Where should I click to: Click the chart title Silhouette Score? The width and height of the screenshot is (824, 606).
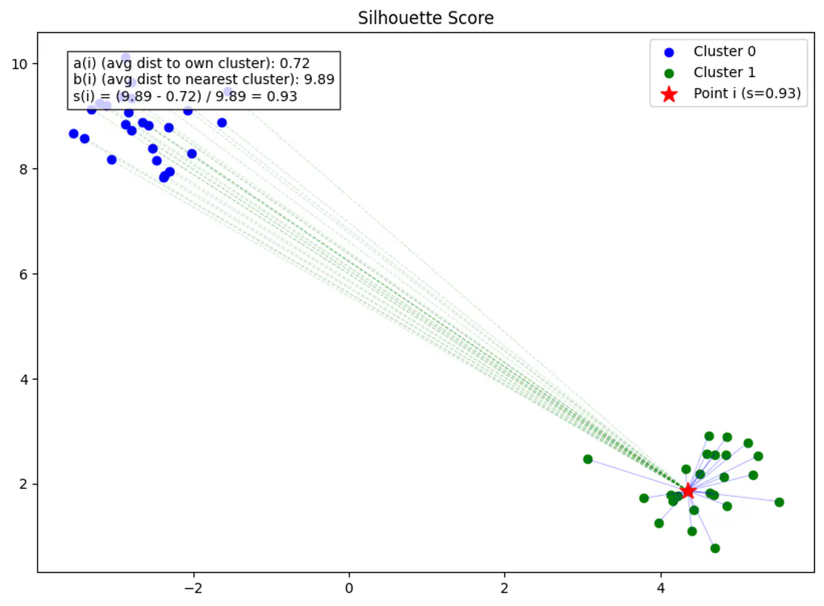point(426,18)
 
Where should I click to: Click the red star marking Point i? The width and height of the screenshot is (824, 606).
point(687,491)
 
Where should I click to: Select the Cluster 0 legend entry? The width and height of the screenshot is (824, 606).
point(724,52)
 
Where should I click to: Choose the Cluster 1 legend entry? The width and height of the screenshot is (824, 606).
point(724,72)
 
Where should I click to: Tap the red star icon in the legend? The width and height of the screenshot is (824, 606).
point(669,94)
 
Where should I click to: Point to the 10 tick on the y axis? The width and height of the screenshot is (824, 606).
point(19,64)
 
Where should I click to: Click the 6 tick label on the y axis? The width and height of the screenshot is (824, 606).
point(24,275)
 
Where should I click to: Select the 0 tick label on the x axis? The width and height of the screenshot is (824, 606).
point(349,588)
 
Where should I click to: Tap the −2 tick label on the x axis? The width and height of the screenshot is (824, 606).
point(193,588)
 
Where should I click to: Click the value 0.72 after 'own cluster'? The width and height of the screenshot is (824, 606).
point(294,63)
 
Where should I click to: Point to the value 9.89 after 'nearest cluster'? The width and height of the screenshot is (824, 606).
point(319,79)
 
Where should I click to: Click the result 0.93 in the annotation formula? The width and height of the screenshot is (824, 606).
point(282,96)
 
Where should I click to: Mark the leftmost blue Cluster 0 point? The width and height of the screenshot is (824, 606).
point(74,134)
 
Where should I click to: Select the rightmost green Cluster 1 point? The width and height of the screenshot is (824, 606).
point(779,502)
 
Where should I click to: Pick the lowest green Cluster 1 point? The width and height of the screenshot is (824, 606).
point(715,548)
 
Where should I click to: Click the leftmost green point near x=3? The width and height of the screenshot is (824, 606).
point(588,459)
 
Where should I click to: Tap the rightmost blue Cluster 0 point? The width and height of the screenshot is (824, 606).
point(222,122)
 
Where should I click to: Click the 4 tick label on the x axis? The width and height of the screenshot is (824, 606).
point(660,588)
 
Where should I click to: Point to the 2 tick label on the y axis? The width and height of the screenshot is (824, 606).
point(24,485)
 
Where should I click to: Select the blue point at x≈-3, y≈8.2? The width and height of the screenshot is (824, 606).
point(112,159)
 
